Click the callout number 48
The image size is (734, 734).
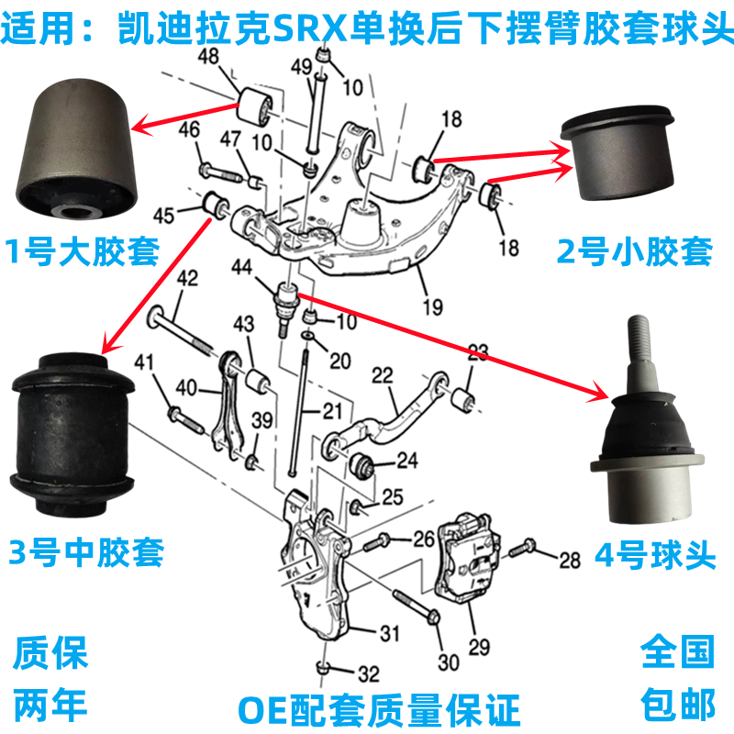pos(208,56)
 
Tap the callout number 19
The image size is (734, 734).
pos(432,307)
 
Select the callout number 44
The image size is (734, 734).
pos(241,267)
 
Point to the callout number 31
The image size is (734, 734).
pos(389,633)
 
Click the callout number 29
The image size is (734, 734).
pos(479,648)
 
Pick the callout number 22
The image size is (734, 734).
pos(382,375)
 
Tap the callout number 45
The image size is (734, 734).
pos(163,216)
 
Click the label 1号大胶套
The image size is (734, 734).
pos(83,251)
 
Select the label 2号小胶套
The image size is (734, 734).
pos(635,251)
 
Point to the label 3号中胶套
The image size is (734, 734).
pos(86,552)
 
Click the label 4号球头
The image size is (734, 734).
pos(655,556)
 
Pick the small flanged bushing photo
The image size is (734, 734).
pos(618,153)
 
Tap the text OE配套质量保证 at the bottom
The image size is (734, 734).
pos(379,710)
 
